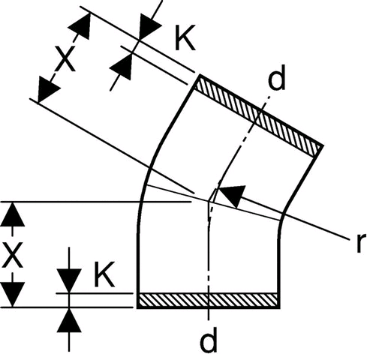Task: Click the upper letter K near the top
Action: (x=185, y=37)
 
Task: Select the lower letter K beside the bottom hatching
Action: (x=104, y=274)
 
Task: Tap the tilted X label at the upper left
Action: (x=65, y=58)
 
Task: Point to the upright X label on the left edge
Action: (x=12, y=255)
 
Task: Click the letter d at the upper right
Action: (x=276, y=77)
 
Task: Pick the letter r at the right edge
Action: (x=361, y=243)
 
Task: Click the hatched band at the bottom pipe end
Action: (x=208, y=300)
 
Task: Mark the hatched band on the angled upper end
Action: (x=258, y=116)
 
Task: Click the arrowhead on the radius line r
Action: (x=231, y=195)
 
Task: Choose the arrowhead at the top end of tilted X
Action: (x=80, y=25)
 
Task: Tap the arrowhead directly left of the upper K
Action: (x=149, y=25)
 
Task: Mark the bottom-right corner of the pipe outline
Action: (x=278, y=307)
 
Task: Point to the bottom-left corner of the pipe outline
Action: (x=138, y=307)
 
